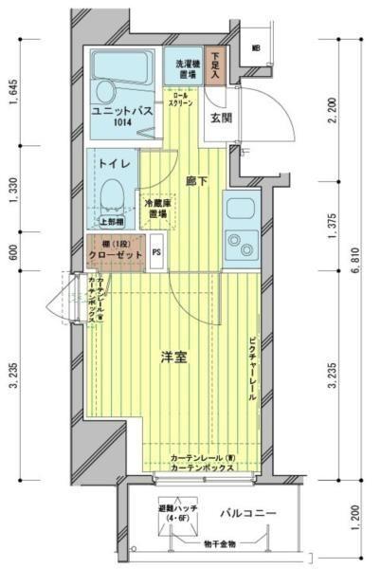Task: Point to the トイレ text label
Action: pos(115,163)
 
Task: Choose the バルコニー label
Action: pos(248,513)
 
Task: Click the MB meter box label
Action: pos(256,48)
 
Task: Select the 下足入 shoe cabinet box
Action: pos(217,65)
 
